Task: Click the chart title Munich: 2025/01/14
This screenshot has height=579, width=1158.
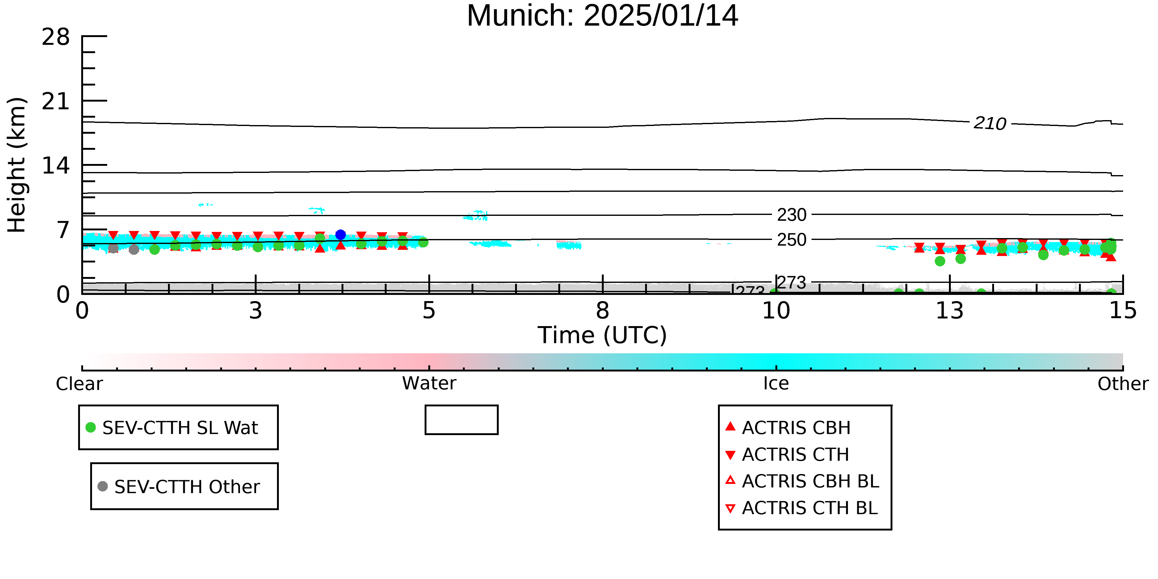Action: click(602, 16)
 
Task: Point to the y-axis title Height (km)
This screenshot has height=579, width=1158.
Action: click(17, 165)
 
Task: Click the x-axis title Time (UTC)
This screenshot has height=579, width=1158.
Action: click(602, 335)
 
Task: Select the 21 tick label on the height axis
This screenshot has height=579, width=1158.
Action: click(56, 102)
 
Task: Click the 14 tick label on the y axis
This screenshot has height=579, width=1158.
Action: click(56, 166)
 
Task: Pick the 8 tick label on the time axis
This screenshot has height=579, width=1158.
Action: click(602, 311)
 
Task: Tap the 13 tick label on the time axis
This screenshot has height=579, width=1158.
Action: click(950, 311)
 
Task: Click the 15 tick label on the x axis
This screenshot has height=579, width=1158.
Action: click(1123, 311)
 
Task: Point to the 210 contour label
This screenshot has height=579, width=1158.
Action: click(990, 124)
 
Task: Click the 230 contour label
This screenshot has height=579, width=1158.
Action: click(792, 215)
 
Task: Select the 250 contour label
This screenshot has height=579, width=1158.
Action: click(792, 240)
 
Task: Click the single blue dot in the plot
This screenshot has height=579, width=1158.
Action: click(340, 235)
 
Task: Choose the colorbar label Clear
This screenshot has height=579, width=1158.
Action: click(79, 384)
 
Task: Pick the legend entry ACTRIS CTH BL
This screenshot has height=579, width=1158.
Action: click(802, 508)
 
